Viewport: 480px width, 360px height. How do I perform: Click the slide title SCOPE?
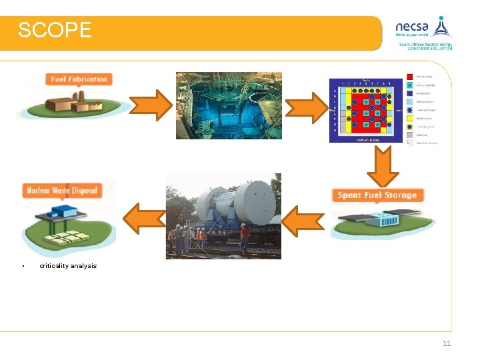pos(55,30)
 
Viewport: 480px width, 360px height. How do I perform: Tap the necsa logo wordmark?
pos(412,27)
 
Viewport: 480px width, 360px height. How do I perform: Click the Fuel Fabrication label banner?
pos(79,79)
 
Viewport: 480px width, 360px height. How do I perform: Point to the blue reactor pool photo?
pos(229,105)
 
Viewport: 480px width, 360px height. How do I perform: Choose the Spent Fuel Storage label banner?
pos(377,195)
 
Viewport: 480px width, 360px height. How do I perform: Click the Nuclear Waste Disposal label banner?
pos(61,191)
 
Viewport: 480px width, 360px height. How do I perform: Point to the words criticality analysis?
pos(68,266)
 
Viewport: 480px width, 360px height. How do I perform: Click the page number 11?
pos(447,344)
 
